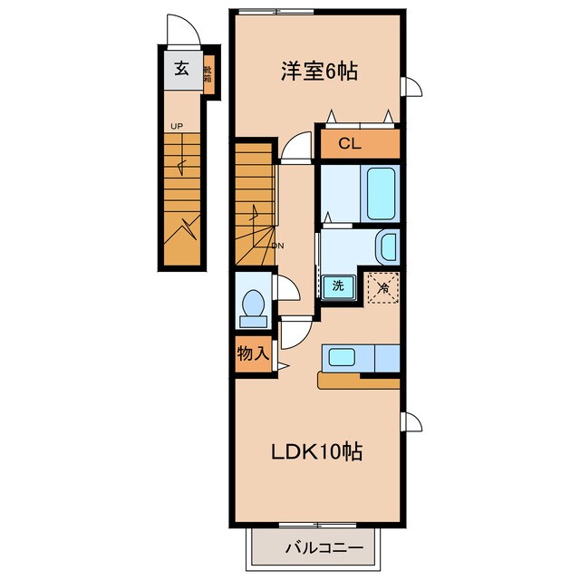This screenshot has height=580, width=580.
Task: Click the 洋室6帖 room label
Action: (x=319, y=72)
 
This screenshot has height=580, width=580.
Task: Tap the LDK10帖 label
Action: (x=316, y=451)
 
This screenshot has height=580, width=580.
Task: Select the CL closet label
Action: (x=350, y=143)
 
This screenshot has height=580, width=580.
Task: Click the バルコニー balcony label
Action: (x=324, y=547)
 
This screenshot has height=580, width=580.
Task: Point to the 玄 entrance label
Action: (x=181, y=69)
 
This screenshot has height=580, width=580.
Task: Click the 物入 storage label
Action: (x=253, y=353)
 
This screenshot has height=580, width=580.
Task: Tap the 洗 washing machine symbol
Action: (x=338, y=286)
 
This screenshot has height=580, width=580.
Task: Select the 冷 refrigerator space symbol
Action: (x=383, y=288)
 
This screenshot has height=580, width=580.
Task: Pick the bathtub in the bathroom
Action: (x=381, y=193)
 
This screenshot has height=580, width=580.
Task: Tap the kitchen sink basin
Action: (x=343, y=357)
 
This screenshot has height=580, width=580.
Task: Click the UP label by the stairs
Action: (x=177, y=126)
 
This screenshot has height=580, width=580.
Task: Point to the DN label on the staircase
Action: (x=278, y=246)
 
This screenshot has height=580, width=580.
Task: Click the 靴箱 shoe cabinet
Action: (x=208, y=74)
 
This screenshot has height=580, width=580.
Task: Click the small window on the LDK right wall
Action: (x=411, y=421)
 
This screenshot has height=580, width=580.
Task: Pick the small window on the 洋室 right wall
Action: (x=411, y=87)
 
